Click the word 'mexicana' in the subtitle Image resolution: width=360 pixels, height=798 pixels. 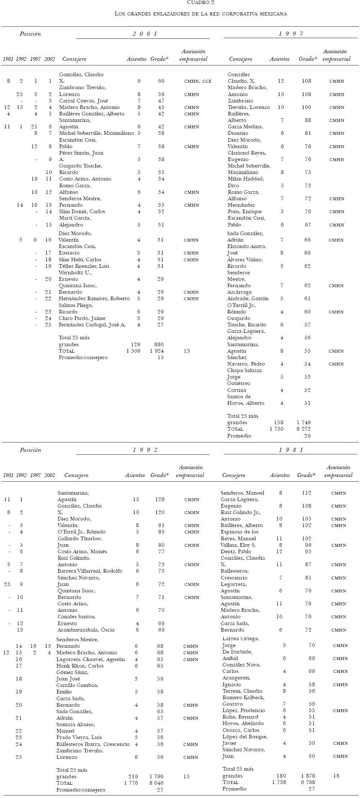(274, 14)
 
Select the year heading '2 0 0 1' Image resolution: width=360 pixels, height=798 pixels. (145, 34)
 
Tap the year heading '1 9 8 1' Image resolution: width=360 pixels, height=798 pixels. (291, 450)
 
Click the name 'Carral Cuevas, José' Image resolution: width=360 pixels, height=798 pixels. (83, 101)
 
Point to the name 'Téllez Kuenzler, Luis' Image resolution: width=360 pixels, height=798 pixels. (84, 266)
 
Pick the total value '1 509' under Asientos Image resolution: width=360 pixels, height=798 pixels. (133, 351)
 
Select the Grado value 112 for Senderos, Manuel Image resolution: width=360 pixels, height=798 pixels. (306, 493)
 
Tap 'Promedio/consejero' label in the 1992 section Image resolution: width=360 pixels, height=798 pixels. (81, 790)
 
